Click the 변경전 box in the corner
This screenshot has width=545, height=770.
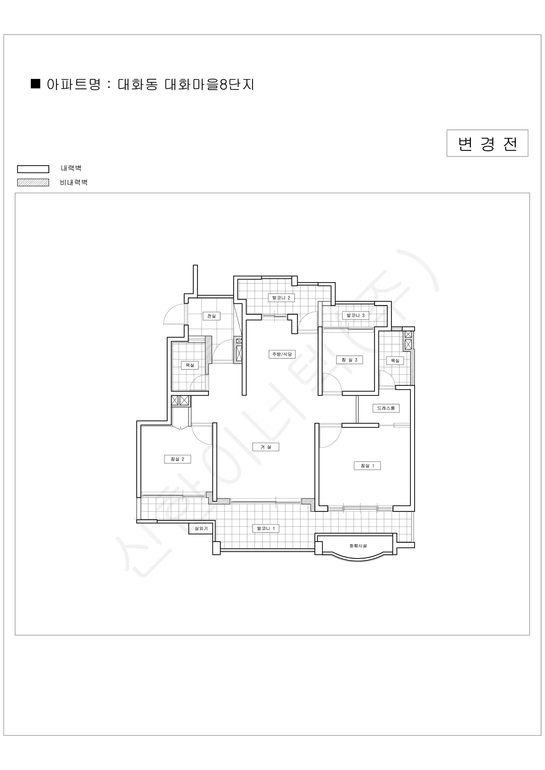(x=487, y=143)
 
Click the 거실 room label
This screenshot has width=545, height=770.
(x=265, y=447)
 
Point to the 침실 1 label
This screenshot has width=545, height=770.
(x=367, y=466)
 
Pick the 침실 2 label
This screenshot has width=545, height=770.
(x=177, y=459)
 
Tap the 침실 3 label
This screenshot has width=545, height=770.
(x=349, y=360)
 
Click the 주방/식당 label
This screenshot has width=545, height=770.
(x=282, y=354)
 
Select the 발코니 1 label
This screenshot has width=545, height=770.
(x=266, y=528)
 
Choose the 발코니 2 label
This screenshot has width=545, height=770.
(x=281, y=297)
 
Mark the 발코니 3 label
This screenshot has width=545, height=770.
(x=355, y=315)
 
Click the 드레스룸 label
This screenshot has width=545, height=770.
(x=386, y=408)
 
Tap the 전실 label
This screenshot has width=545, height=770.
(x=212, y=316)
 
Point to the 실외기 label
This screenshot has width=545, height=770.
(x=201, y=528)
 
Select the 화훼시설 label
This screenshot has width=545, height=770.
(x=358, y=546)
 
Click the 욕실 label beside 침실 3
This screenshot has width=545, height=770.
(x=395, y=361)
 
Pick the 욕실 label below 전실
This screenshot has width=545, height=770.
(x=190, y=365)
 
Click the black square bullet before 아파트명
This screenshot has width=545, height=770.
(x=36, y=83)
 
